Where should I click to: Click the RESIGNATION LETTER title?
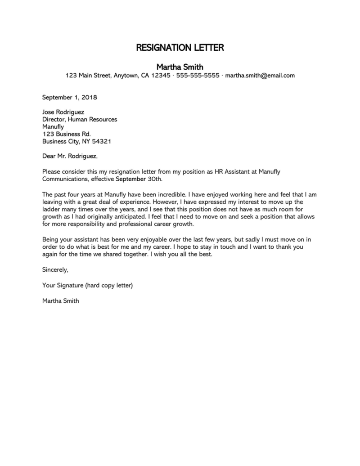tap(180, 48)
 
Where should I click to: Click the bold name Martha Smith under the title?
tap(180, 67)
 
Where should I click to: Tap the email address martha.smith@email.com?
tap(260, 76)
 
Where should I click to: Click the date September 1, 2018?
tap(70, 97)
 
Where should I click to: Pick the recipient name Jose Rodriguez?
tap(63, 112)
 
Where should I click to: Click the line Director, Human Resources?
tap(80, 119)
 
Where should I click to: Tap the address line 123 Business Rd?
tap(67, 134)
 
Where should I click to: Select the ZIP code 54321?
tap(101, 141)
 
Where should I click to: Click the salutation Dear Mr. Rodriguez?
tap(70, 157)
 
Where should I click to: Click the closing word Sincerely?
tap(55, 270)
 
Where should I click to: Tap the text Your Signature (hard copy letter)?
tap(88, 285)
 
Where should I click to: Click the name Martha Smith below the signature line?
tap(60, 300)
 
